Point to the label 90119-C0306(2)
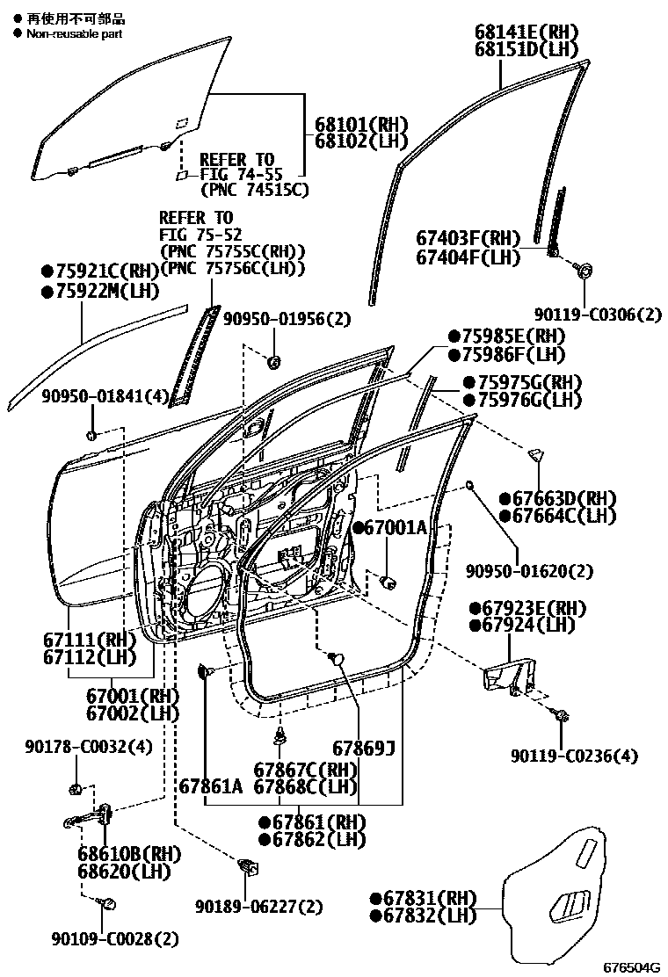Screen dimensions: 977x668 [x=599, y=314]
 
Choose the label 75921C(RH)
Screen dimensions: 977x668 [x=99, y=271]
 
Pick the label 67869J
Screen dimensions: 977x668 [x=363, y=749]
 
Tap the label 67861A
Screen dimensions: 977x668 [x=211, y=785]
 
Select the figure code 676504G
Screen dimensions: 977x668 [x=631, y=967]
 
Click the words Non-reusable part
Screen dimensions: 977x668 [x=74, y=33]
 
